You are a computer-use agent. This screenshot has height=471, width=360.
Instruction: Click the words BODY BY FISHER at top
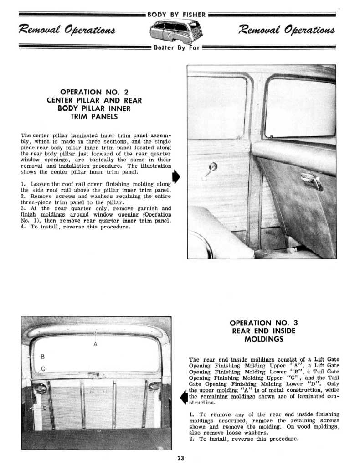[176, 14]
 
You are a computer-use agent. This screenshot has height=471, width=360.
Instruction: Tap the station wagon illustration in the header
[177, 31]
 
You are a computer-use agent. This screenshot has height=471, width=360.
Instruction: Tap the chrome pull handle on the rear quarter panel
[311, 181]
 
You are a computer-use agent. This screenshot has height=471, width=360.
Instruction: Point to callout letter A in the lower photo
[95, 343]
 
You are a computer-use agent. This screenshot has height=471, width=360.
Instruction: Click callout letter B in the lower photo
[43, 356]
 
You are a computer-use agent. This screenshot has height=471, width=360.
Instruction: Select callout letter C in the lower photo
[43, 368]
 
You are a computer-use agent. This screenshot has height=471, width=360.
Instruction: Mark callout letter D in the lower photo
[44, 408]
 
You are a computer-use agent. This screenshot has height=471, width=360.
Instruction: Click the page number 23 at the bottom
[180, 459]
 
